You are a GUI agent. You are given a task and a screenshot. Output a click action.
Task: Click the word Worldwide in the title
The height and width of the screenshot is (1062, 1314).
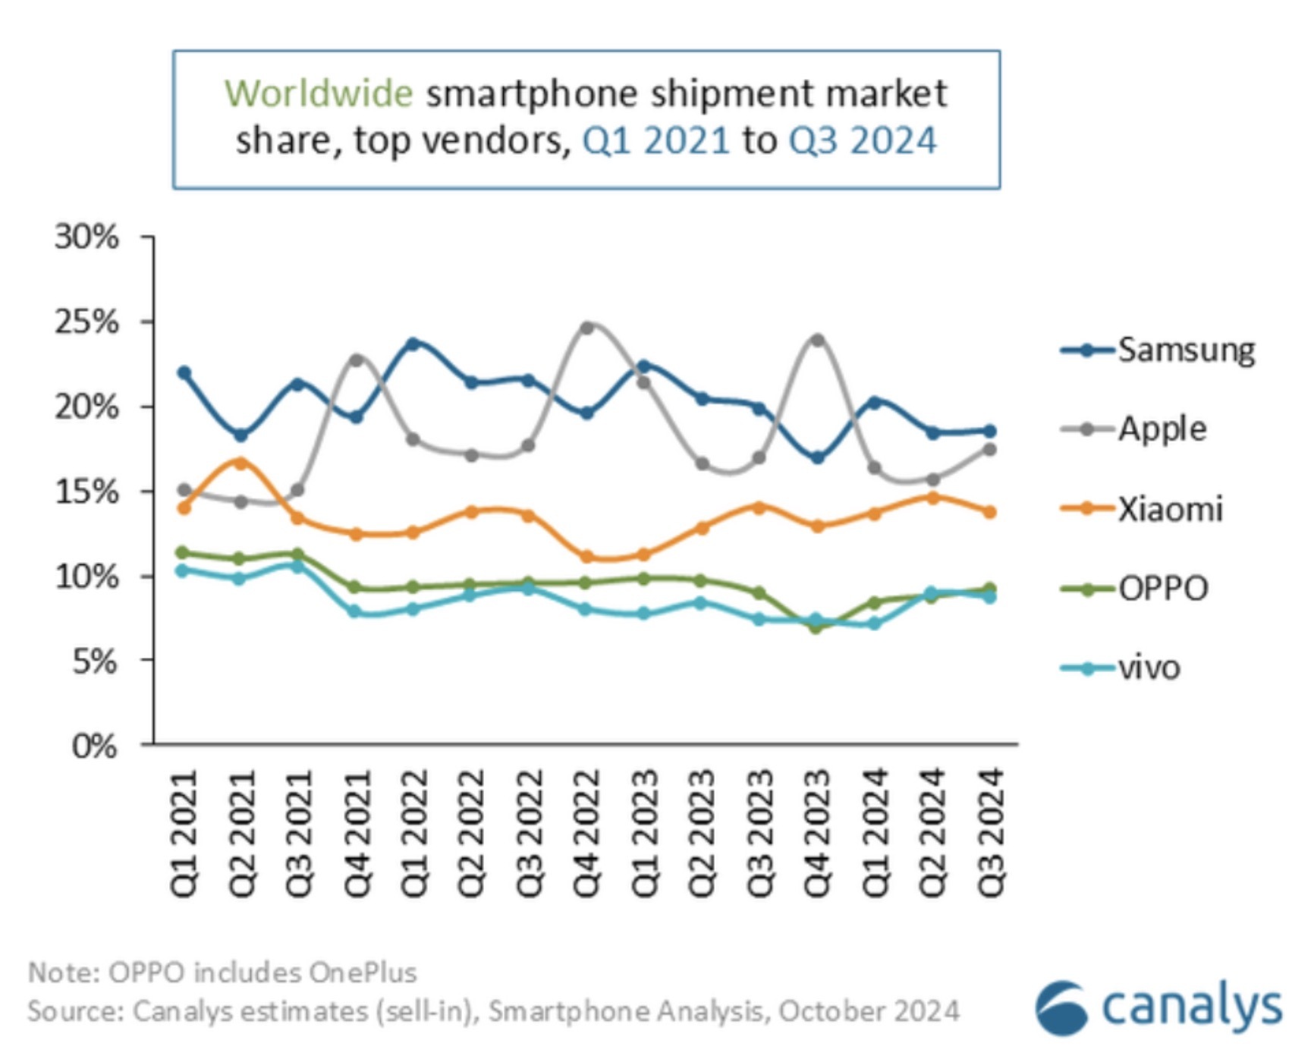click(x=319, y=94)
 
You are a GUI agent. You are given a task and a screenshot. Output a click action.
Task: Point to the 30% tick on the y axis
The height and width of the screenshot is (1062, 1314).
click(x=86, y=237)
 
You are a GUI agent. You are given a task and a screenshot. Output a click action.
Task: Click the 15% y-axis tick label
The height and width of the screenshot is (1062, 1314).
click(x=86, y=492)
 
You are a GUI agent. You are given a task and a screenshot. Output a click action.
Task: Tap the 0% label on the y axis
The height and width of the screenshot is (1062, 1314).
click(x=94, y=746)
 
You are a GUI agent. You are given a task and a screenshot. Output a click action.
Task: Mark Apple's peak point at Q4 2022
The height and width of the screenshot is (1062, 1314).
click(x=586, y=328)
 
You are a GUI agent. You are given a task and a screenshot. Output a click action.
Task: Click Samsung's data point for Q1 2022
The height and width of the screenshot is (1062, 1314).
click(x=413, y=344)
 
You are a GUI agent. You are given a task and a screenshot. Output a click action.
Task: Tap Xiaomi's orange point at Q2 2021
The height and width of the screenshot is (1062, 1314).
click(x=240, y=463)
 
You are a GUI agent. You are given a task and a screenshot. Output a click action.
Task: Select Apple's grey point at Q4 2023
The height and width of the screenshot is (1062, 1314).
click(x=817, y=340)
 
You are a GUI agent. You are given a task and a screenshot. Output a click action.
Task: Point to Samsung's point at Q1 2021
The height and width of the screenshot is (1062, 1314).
click(x=184, y=372)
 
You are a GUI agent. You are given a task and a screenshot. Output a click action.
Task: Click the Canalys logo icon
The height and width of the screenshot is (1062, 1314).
click(x=1061, y=1008)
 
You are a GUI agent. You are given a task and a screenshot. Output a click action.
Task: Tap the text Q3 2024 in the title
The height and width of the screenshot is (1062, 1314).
click(x=863, y=141)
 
